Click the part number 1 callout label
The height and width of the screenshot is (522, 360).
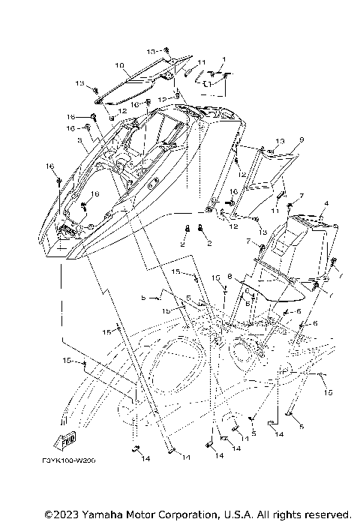point(223,59)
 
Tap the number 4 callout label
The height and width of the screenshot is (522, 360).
point(326,203)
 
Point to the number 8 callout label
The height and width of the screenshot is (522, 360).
point(230,276)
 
